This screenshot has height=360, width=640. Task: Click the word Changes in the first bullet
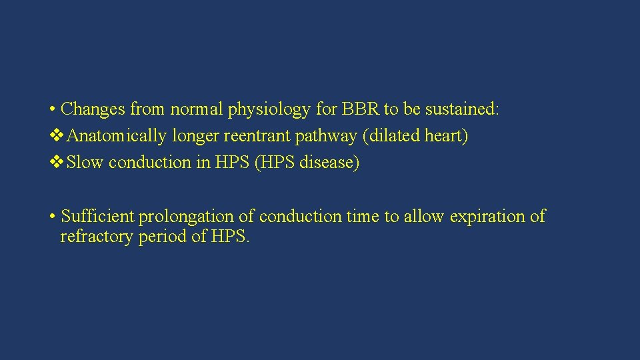93,109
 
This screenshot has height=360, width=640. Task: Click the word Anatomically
117,136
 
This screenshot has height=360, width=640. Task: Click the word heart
446,136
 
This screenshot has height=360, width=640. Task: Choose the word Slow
85,163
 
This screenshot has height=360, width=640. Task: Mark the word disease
329,163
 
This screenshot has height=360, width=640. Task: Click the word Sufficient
97,217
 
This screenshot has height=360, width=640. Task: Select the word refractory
97,237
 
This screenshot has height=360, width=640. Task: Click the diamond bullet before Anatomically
57,136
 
